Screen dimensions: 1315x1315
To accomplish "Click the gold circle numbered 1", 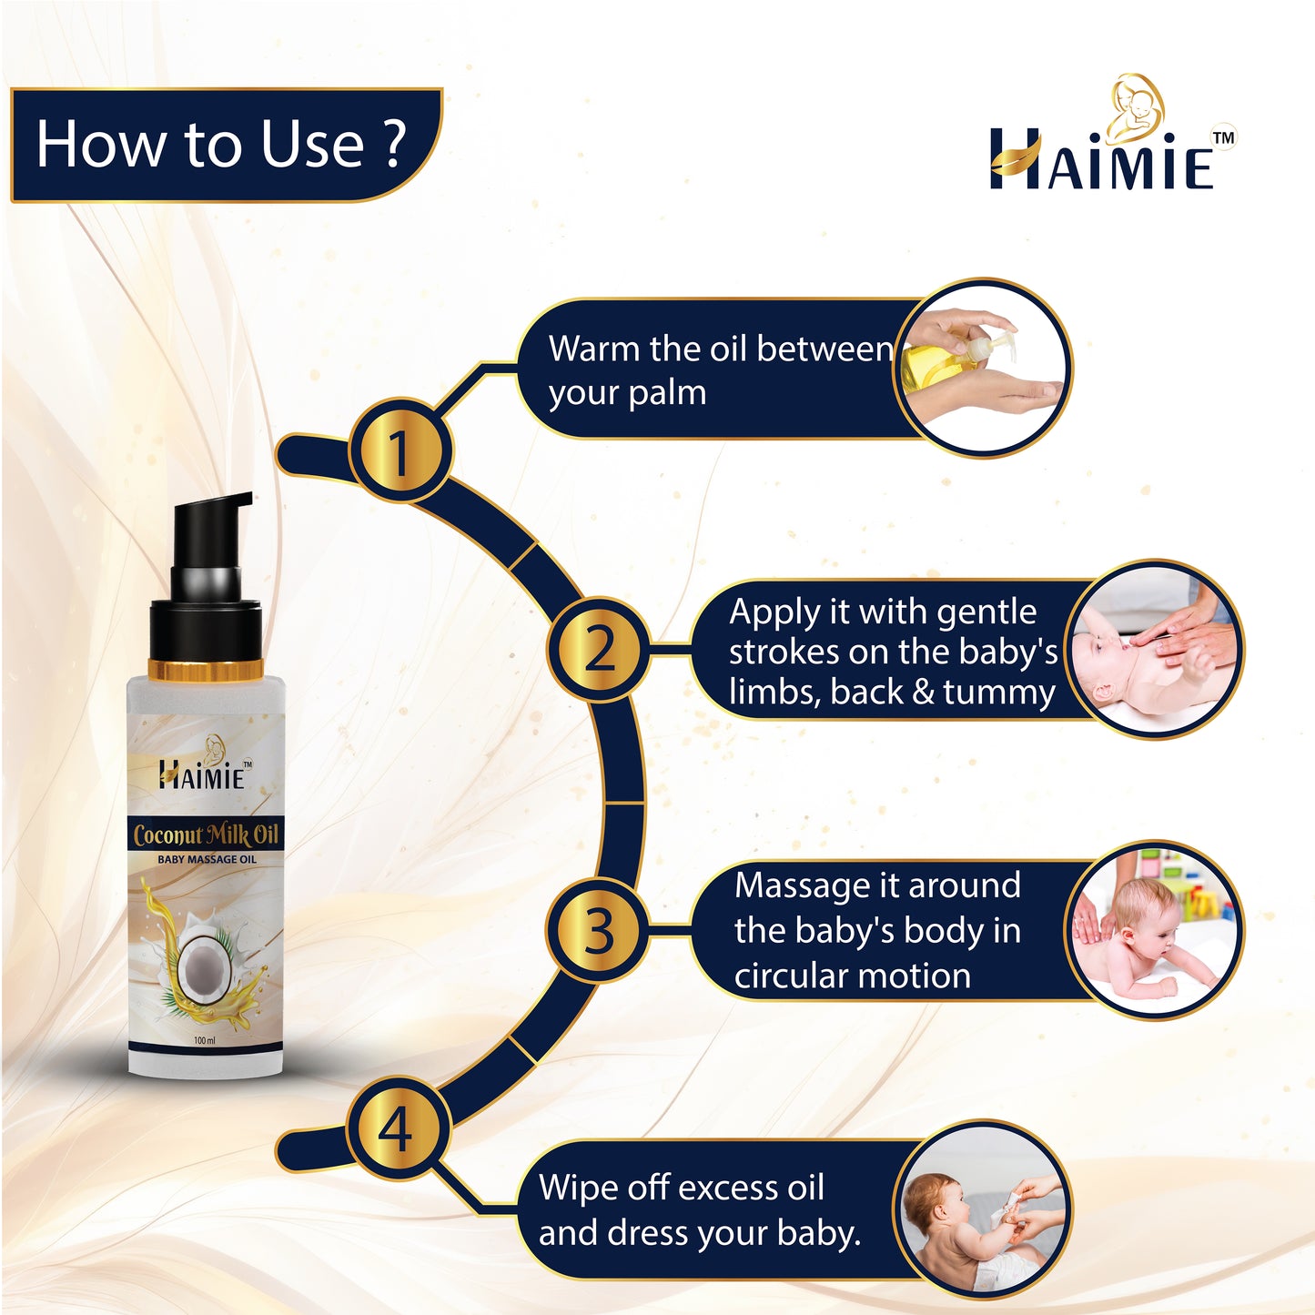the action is click(400, 451).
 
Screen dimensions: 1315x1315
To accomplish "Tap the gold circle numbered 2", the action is click(599, 649).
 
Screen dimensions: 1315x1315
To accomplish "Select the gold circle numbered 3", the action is click(599, 931).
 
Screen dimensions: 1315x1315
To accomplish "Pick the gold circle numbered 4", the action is click(399, 1128).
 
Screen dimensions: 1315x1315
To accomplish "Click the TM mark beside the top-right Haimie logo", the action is click(1225, 137).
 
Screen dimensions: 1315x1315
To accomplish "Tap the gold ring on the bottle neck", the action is click(206, 670).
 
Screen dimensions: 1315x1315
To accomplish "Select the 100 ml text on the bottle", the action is click(205, 1040).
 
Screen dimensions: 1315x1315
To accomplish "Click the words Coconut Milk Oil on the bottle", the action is click(206, 835).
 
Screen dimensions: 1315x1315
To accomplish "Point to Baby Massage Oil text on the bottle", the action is click(207, 859).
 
